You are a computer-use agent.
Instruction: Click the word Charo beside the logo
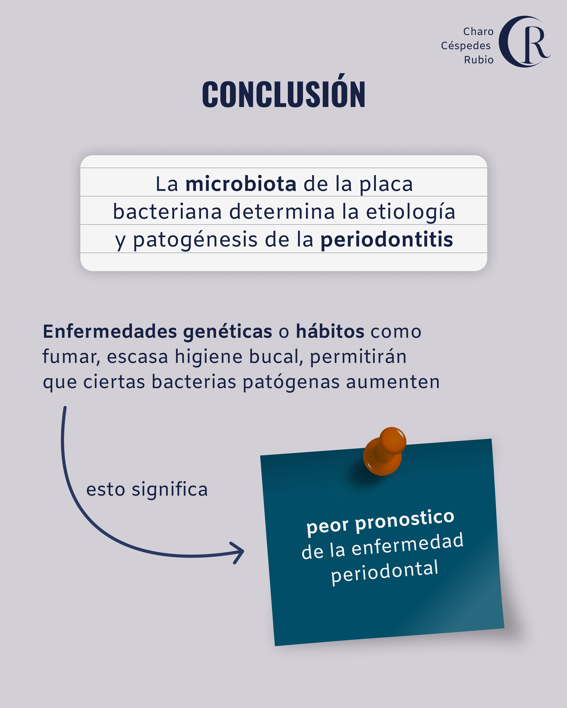(x=478, y=31)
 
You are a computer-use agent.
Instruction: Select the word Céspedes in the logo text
(x=466, y=46)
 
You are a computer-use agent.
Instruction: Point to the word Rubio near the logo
(x=479, y=60)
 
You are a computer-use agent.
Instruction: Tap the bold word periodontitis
(x=387, y=240)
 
